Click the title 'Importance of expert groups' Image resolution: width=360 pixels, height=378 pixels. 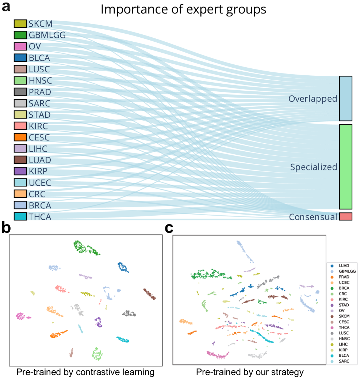(x=183, y=10)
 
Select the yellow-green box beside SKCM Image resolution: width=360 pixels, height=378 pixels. (x=20, y=24)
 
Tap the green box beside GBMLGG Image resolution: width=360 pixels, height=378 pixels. (x=20, y=35)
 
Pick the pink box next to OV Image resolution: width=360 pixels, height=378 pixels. (x=20, y=46)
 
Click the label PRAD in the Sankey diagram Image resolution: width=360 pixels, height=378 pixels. (x=40, y=92)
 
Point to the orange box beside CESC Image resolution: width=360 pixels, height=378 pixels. (x=20, y=137)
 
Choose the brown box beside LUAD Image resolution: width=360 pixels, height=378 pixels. (x=20, y=160)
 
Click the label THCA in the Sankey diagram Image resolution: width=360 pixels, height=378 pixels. (x=40, y=217)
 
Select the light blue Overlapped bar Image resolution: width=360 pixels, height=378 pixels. (x=345, y=98)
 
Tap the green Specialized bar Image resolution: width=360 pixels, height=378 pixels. (x=345, y=167)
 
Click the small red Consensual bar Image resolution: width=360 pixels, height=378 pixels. (x=345, y=216)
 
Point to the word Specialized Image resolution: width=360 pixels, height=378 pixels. (x=313, y=167)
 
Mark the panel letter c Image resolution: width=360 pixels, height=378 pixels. (x=169, y=228)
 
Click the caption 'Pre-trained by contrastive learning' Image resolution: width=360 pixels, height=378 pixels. (x=85, y=372)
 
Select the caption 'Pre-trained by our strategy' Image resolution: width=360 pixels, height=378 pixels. (x=250, y=372)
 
